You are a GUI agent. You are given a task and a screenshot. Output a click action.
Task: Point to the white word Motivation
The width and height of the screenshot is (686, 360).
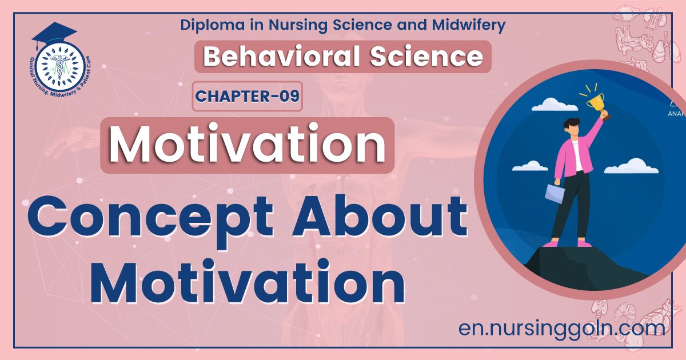click(x=247, y=145)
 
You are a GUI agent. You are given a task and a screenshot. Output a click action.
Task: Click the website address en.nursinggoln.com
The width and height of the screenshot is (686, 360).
click(x=561, y=328)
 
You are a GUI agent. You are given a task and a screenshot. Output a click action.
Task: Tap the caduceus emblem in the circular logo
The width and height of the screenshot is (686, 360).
click(x=57, y=71)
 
